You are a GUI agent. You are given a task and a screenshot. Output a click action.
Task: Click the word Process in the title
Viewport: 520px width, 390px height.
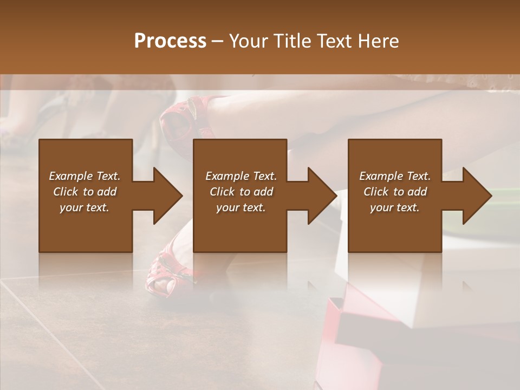coord(170,41)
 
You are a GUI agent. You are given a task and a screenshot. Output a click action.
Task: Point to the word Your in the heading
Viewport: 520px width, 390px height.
coord(249,41)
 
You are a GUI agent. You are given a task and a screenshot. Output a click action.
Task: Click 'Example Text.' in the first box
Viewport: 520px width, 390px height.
coord(84,176)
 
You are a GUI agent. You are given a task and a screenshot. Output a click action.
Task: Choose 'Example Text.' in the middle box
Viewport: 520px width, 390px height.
coord(241,176)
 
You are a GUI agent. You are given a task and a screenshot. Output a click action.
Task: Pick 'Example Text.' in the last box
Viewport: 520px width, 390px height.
coord(395,176)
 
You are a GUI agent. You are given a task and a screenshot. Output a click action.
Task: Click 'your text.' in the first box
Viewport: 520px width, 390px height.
coord(84,207)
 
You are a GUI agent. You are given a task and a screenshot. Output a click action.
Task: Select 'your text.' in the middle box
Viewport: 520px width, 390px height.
coord(241,207)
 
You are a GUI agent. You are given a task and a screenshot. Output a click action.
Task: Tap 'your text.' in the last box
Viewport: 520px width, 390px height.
coord(395,207)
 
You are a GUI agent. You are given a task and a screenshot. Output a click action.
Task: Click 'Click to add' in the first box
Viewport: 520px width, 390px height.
coord(84,192)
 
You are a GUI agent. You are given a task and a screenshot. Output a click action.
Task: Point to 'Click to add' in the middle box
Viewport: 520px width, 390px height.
coord(241,192)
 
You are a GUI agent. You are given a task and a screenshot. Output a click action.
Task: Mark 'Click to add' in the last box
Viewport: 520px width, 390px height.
coord(395,192)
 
